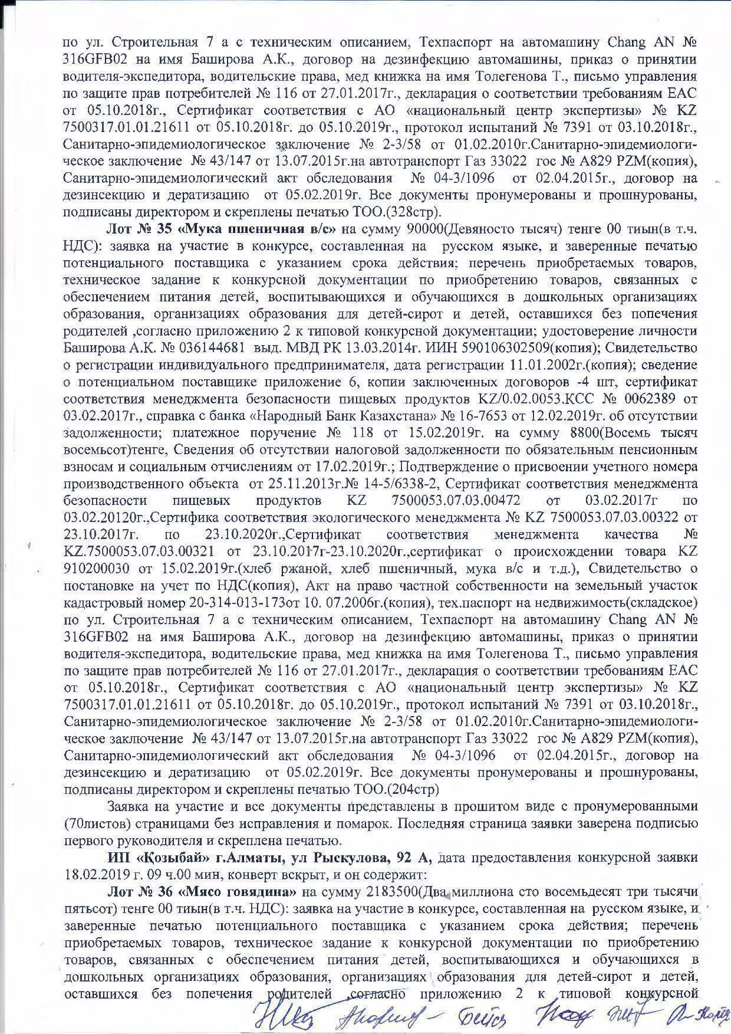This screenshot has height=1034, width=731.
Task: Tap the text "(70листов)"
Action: click(x=96, y=823)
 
